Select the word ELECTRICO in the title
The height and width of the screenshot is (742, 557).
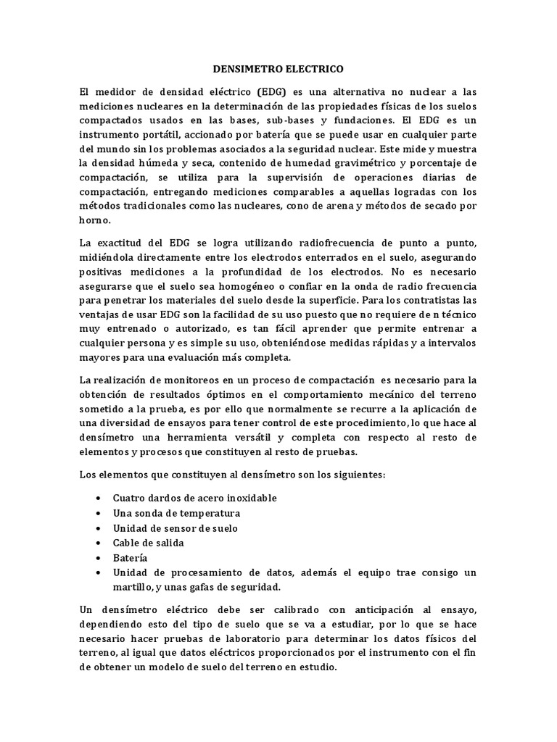(312, 70)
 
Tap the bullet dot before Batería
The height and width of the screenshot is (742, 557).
(98, 559)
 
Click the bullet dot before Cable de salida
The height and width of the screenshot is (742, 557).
(98, 543)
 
